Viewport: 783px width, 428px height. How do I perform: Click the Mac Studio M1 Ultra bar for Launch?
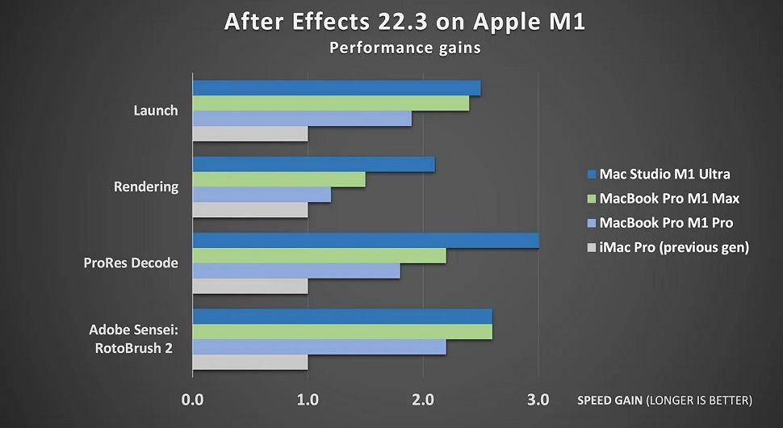[336, 88]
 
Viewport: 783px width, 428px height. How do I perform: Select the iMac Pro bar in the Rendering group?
[249, 210]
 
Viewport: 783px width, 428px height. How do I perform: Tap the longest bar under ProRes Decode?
[365, 241]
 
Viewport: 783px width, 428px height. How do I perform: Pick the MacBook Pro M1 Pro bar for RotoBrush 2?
[319, 346]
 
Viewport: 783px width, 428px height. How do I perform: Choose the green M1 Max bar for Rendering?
[278, 179]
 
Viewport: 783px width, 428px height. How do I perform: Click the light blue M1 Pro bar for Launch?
[301, 119]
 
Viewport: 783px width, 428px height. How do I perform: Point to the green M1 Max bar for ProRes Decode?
[319, 256]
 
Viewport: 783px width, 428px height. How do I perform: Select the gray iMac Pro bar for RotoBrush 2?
[249, 362]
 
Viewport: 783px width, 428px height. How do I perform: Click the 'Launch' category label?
[155, 111]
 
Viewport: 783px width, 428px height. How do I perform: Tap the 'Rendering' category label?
[146, 187]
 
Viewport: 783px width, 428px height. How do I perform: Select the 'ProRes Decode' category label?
[130, 263]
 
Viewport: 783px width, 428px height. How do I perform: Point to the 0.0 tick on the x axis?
[192, 399]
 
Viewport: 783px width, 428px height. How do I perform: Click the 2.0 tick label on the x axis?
[423, 399]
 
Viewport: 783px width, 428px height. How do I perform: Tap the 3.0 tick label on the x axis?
[538, 399]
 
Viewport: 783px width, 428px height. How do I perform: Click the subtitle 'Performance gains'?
[404, 48]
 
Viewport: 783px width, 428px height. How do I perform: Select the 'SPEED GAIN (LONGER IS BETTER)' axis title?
[664, 400]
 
